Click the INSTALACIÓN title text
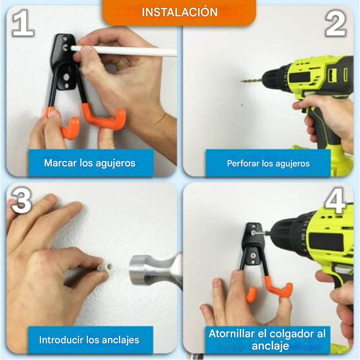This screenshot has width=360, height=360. pos(180,12)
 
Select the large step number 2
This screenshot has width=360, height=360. pos(336,24)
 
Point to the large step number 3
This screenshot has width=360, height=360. pos(22,200)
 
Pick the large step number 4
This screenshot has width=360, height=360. pos(336,200)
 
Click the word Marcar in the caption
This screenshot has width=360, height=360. pos(60,163)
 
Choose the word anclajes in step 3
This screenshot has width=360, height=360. pos(120,340)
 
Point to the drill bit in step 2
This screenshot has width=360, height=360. pos(252,81)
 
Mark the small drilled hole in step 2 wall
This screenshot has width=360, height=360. pos(242,105)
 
